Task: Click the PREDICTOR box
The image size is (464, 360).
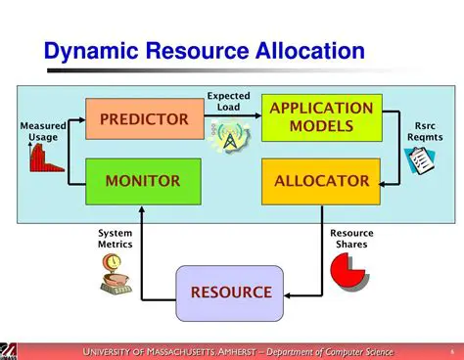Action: tap(143, 119)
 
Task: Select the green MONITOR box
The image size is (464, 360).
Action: tap(143, 180)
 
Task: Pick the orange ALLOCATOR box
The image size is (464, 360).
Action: tap(320, 180)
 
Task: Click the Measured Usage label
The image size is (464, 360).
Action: tap(44, 132)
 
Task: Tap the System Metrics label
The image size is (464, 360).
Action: tap(115, 238)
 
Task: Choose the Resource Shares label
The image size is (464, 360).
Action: tap(351, 239)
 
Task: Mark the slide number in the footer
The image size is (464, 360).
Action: tap(452, 351)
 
